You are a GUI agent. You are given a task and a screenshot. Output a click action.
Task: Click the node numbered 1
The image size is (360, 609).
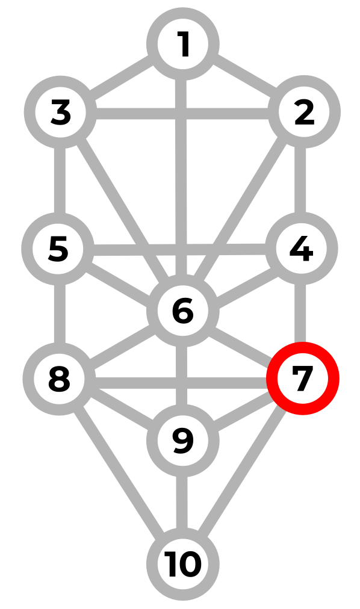(183, 44)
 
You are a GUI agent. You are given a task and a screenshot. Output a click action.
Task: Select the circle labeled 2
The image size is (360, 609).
(304, 112)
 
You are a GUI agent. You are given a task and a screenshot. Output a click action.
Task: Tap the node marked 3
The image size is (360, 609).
(60, 112)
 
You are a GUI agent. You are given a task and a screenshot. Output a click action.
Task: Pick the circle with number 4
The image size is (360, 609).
(302, 249)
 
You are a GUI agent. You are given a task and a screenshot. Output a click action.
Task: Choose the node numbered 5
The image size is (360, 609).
(58, 249)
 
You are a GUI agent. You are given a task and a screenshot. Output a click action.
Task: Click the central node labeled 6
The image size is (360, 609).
(183, 311)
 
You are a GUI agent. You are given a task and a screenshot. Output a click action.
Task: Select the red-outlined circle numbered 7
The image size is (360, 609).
(303, 379)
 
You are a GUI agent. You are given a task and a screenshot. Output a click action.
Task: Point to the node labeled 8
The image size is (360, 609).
(59, 379)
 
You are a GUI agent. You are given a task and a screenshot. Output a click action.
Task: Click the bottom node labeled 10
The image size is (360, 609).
(183, 564)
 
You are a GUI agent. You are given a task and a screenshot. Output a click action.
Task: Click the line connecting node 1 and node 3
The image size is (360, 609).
(121, 78)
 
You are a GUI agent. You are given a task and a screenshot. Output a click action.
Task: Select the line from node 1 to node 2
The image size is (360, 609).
(244, 78)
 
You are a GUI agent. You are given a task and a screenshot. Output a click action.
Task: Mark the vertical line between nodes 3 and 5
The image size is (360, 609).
(60, 180)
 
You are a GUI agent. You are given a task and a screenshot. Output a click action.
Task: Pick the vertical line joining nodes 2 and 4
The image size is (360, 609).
(300, 180)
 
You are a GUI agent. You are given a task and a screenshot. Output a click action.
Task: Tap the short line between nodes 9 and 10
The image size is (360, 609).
(182, 502)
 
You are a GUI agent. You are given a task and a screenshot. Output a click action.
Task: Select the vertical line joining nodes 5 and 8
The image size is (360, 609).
(60, 314)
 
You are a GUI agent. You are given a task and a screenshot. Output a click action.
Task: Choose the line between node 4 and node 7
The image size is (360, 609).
(300, 314)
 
